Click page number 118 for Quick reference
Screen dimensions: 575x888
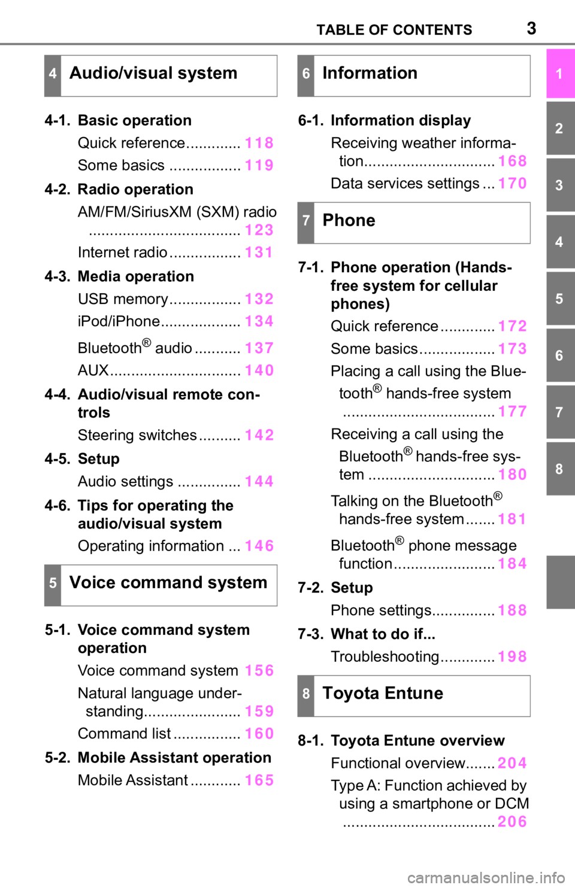[259, 142]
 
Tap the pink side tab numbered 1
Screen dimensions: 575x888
[560, 74]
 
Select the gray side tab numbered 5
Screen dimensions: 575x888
[560, 299]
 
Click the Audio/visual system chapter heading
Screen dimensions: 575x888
[153, 74]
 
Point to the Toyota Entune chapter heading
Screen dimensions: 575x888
[383, 694]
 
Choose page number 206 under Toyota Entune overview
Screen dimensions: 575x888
[512, 822]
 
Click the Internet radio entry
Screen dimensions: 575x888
[123, 252]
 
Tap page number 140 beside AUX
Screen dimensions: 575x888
[259, 370]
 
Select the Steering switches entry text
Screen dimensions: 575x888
[137, 435]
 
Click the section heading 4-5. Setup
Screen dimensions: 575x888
[82, 459]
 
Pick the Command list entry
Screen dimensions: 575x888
[124, 734]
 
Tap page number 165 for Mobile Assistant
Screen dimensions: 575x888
[259, 780]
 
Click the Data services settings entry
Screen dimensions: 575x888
[405, 183]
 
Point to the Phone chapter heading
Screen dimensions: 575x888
[349, 220]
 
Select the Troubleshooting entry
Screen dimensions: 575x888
[385, 656]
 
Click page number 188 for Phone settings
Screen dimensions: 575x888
[512, 610]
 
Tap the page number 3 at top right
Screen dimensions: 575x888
[531, 29]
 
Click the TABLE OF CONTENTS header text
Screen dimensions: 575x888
[394, 30]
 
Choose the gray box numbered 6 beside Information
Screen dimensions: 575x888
[306, 76]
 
